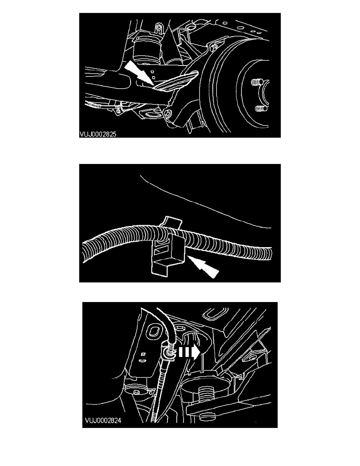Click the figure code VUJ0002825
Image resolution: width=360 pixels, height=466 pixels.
[98, 134]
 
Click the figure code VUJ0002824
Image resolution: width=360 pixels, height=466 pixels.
[103, 420]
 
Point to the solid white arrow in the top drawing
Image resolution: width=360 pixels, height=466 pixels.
[139, 73]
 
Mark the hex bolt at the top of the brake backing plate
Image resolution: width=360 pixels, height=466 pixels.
[214, 47]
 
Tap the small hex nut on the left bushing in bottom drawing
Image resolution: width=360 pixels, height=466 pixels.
[137, 392]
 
